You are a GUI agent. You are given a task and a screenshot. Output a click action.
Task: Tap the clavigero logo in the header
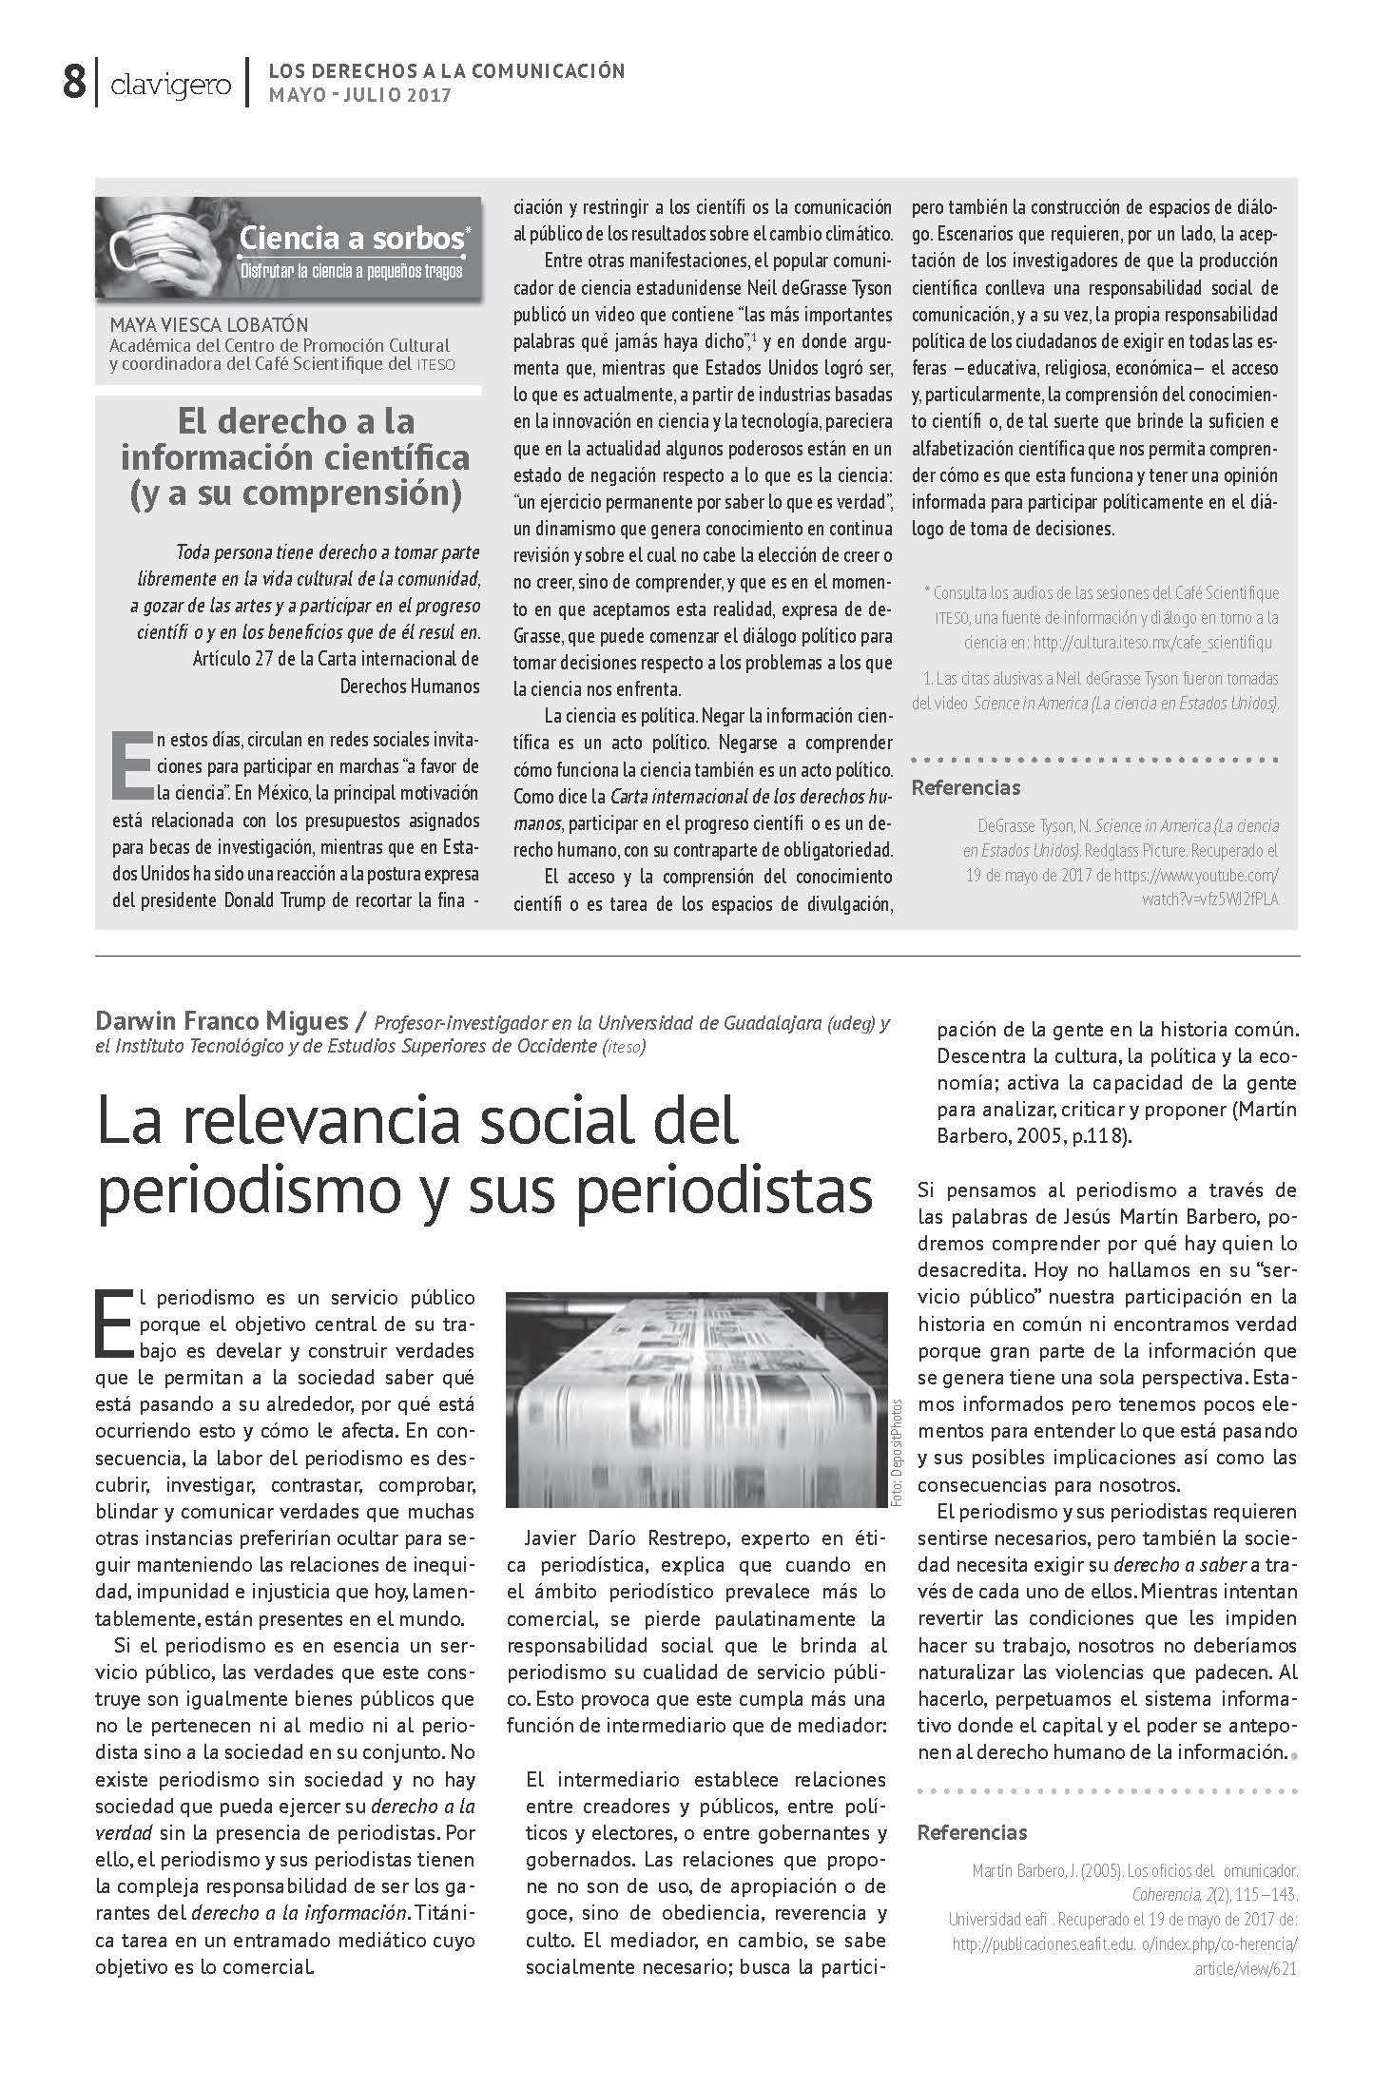point(170,86)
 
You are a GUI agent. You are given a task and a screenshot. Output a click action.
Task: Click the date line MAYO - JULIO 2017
point(360,95)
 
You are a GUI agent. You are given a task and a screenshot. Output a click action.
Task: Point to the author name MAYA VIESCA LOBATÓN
point(209,325)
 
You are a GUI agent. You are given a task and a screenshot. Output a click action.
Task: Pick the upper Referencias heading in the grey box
point(965,787)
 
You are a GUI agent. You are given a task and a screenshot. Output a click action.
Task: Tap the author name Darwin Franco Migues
point(221,1022)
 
